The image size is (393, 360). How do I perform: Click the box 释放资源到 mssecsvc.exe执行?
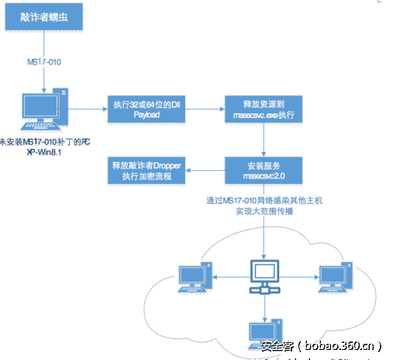[x=266, y=109]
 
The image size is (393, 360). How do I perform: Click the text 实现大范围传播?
[x=266, y=210]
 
